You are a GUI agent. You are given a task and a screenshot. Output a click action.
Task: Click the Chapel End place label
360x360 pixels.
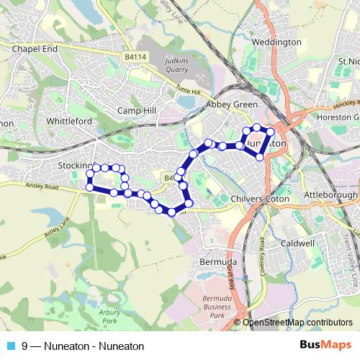tap(35, 48)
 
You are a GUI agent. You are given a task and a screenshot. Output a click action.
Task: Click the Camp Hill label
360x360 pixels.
tap(138, 111)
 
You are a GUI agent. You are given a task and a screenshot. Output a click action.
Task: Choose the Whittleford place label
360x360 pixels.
tap(68, 121)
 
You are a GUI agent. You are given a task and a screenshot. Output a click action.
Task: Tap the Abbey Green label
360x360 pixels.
tap(232, 104)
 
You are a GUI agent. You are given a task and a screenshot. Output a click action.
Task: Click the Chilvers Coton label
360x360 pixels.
tap(260, 198)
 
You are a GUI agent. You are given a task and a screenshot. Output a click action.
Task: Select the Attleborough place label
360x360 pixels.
tap(332, 195)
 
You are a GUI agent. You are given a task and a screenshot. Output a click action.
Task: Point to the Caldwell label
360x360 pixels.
tap(298, 243)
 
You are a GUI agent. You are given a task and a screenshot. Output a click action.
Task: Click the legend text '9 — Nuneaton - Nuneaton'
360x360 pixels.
tap(78, 346)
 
